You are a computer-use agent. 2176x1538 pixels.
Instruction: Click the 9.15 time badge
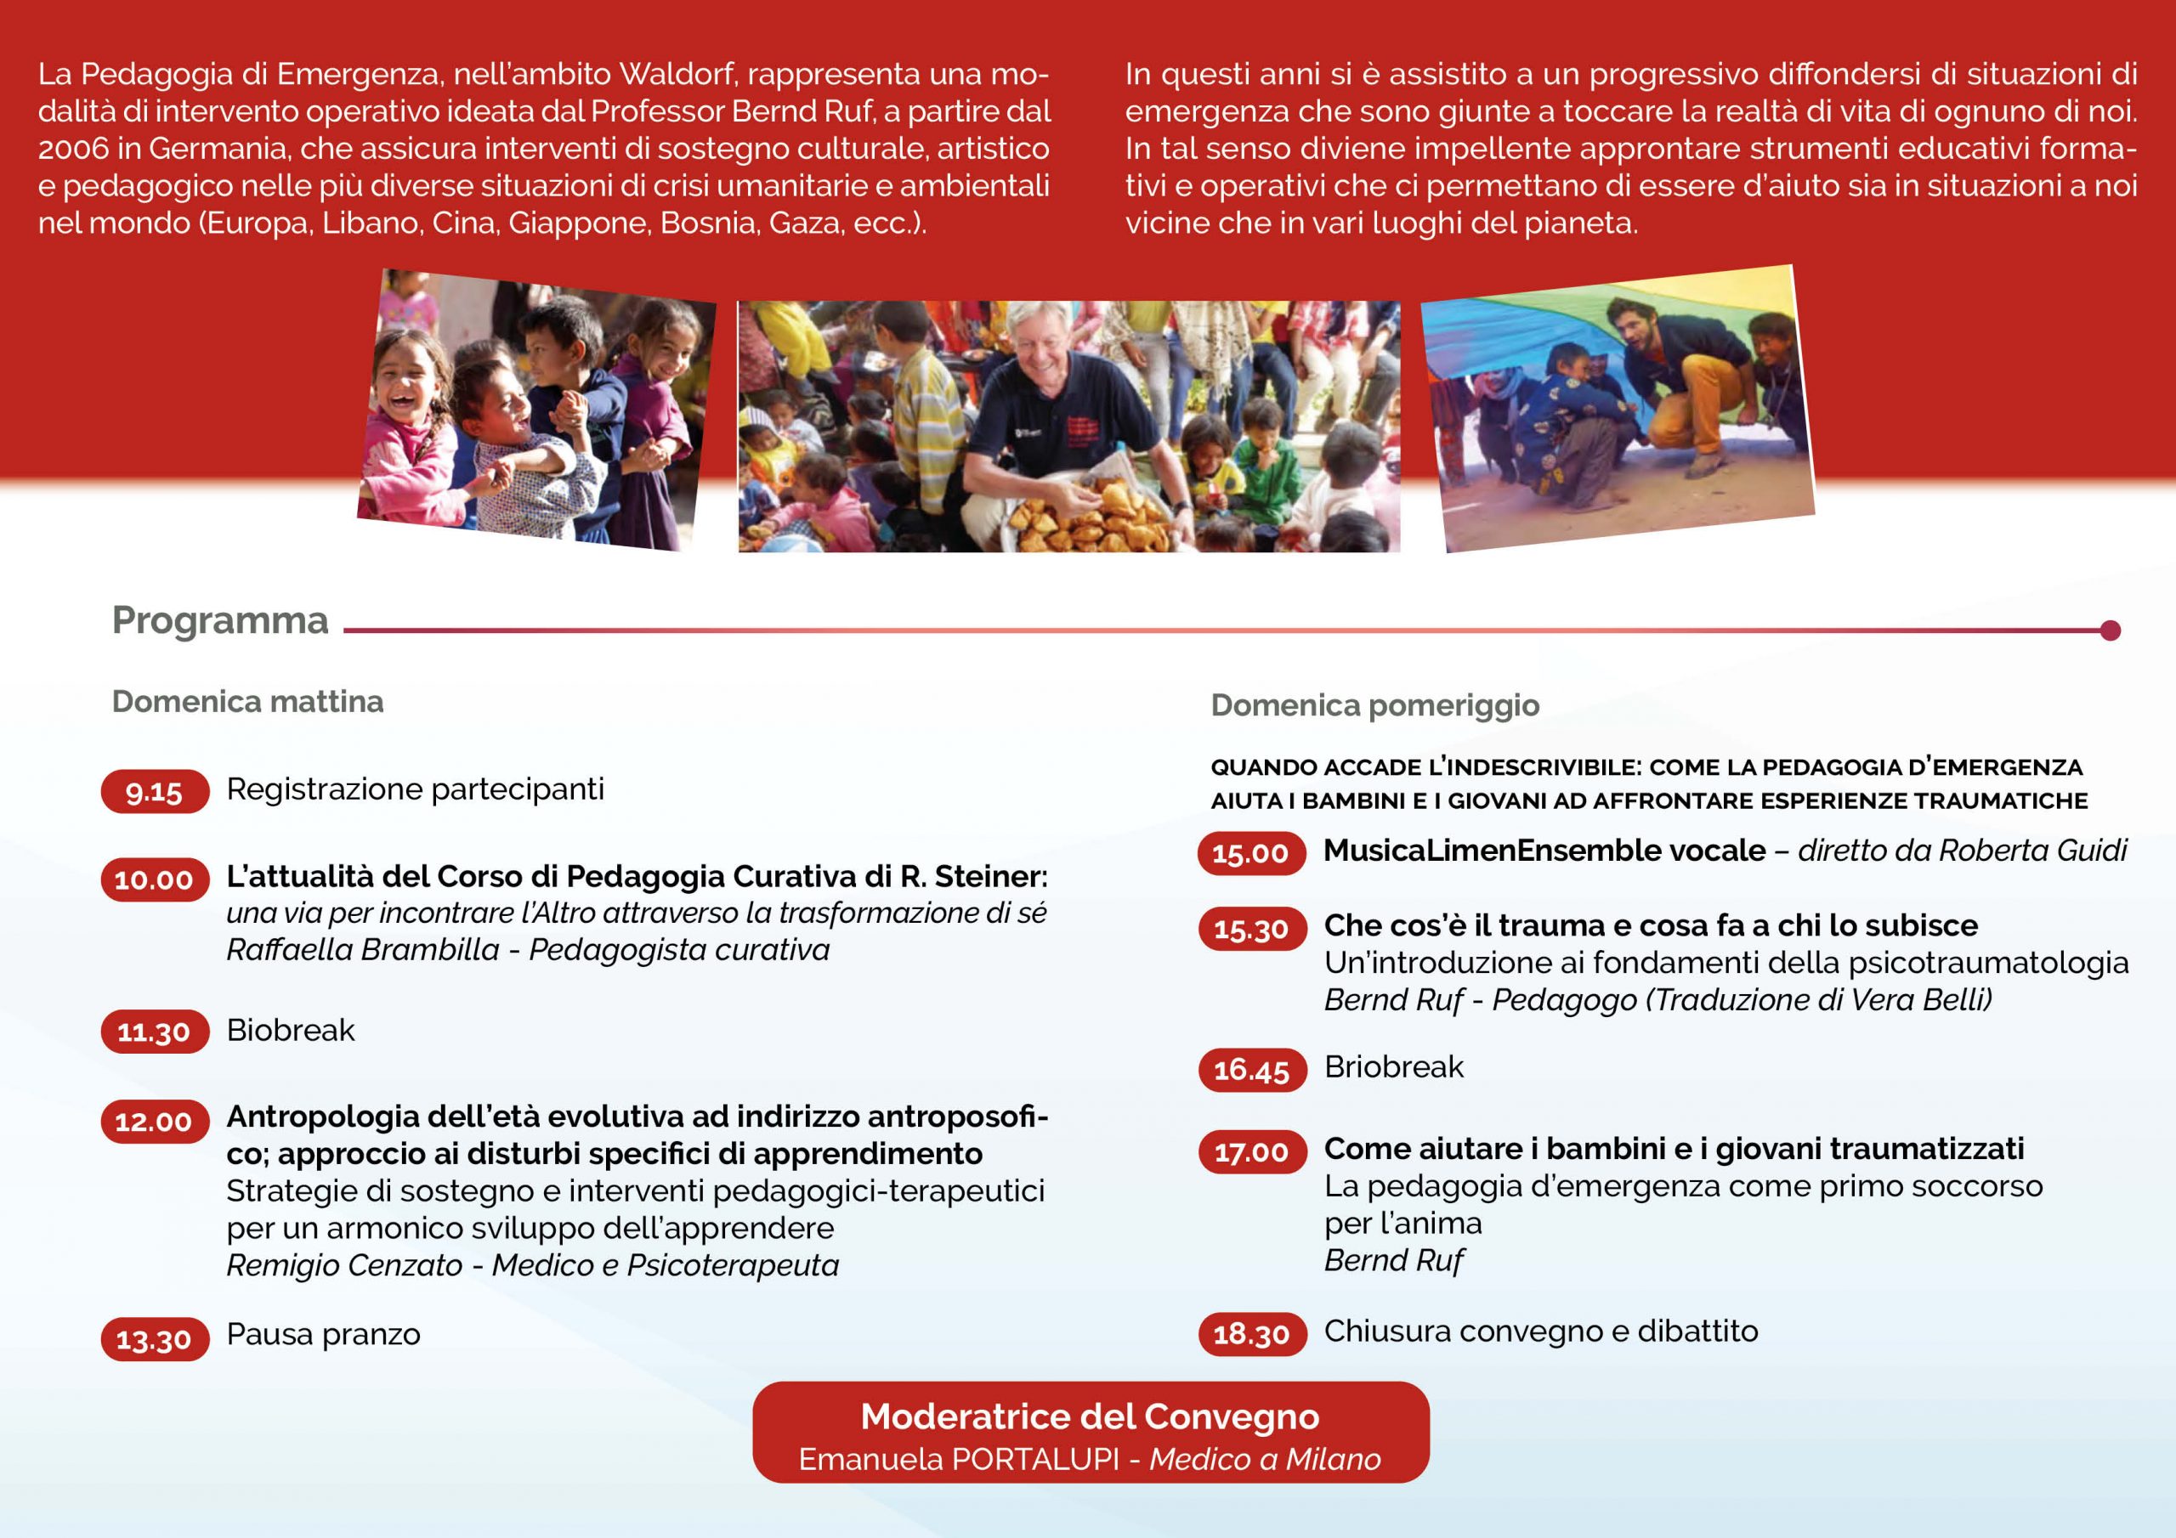click(x=155, y=791)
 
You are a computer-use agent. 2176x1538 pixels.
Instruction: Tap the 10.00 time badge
click(x=155, y=879)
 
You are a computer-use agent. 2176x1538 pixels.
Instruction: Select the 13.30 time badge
click(x=155, y=1339)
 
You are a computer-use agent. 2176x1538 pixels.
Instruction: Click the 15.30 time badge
click(x=1251, y=929)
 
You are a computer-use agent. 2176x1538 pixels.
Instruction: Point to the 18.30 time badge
click(x=1251, y=1333)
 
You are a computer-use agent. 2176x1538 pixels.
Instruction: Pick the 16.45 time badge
click(x=1251, y=1070)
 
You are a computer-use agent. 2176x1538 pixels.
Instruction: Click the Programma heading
click(x=220, y=620)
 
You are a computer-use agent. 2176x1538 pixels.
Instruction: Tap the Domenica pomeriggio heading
click(x=1374, y=705)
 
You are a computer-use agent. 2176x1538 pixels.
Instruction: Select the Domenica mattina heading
click(x=247, y=701)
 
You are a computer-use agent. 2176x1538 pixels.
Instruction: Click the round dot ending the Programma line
click(x=2110, y=630)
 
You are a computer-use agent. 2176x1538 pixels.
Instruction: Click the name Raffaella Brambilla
click(x=363, y=949)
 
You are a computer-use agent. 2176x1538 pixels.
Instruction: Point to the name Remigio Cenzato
click(x=344, y=1265)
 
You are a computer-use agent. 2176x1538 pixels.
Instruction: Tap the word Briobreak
click(x=1393, y=1067)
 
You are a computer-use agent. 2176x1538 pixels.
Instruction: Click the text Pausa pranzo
click(x=323, y=1334)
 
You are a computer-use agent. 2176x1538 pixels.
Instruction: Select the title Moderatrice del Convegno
click(x=1090, y=1416)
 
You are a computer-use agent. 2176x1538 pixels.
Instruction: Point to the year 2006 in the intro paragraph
click(x=73, y=149)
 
